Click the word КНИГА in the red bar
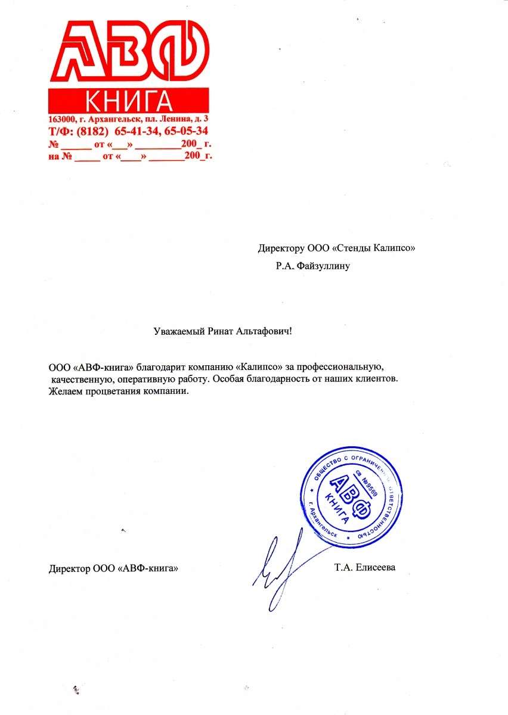pos(128,101)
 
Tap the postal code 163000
pos(61,120)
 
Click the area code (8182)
pos(91,131)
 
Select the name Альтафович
pos(262,331)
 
